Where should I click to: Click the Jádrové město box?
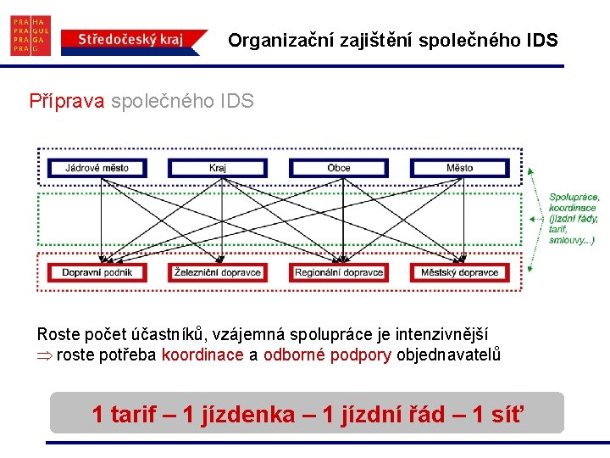97,168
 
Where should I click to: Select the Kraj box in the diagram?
218,168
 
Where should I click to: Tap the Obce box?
339,168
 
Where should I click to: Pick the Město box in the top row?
460,168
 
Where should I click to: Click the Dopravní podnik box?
97,272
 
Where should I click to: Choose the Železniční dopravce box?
218,272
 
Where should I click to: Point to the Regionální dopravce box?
339,272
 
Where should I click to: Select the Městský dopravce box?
460,272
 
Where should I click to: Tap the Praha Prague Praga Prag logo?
30,36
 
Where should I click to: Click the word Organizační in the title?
280,40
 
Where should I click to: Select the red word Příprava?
67,102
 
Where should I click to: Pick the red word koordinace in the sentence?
202,355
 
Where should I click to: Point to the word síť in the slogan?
507,415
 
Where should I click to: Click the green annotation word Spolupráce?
574,198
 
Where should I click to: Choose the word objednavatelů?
448,355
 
